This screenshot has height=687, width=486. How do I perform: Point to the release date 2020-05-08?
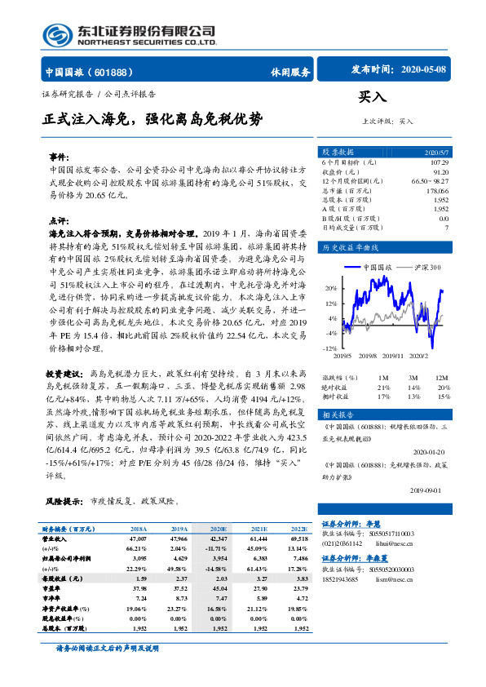tap(425, 70)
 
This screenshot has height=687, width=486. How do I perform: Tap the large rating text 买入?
tap(372, 95)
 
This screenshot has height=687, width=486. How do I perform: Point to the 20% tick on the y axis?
tap(331, 288)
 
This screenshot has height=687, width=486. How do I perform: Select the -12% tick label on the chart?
tap(330, 348)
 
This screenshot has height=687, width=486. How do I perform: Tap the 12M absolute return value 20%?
tap(442, 387)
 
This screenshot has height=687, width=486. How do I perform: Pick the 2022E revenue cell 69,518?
tap(298, 539)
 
